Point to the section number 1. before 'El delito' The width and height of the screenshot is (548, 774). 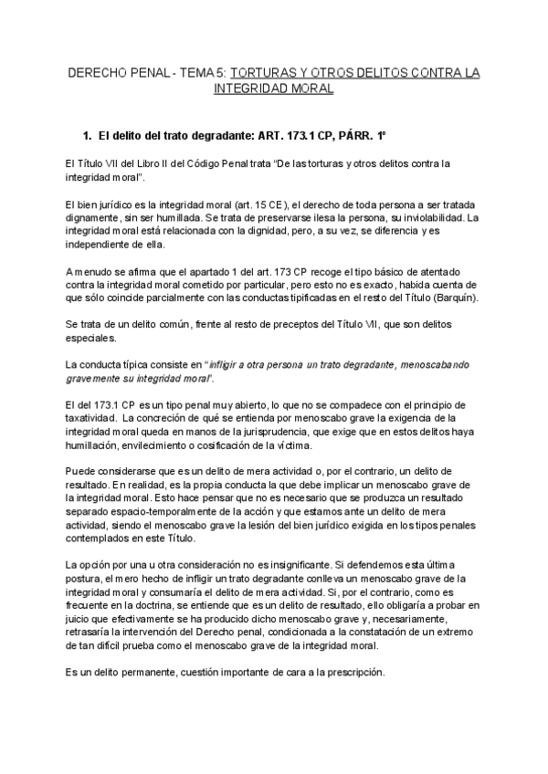[x=88, y=135]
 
